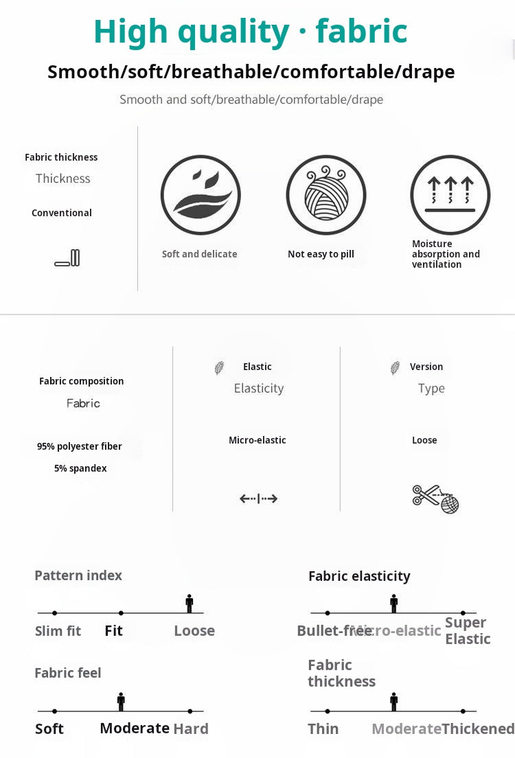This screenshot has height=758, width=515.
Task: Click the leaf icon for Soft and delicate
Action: [x=201, y=195]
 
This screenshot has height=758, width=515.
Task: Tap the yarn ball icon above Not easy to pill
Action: [x=326, y=195]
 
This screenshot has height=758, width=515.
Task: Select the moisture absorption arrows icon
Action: [x=450, y=195]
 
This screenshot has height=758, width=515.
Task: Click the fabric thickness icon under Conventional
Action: [x=67, y=258]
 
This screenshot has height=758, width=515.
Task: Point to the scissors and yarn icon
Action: [x=435, y=498]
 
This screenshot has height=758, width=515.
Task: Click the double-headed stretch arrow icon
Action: [x=258, y=498]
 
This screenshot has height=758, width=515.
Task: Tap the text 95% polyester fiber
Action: [x=80, y=446]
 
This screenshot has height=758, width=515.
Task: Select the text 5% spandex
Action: [x=80, y=468]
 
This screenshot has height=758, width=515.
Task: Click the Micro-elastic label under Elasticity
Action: [x=257, y=440]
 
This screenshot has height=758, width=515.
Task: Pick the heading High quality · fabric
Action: [x=251, y=32]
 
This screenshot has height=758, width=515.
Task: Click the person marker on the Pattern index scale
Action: [x=190, y=604]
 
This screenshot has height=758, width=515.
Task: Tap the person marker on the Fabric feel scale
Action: [x=121, y=702]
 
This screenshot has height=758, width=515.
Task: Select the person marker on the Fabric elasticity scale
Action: [x=394, y=604]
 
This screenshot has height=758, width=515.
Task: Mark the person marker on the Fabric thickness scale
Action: [x=394, y=702]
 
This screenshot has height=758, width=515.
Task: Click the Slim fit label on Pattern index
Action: [x=58, y=631]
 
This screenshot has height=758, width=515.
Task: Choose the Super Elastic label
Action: [x=468, y=631]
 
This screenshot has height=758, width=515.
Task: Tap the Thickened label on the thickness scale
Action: [x=478, y=729]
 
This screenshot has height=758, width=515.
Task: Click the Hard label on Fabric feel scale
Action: [x=191, y=729]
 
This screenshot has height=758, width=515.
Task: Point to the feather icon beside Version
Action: [x=396, y=368]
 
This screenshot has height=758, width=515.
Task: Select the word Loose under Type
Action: [x=424, y=440]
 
